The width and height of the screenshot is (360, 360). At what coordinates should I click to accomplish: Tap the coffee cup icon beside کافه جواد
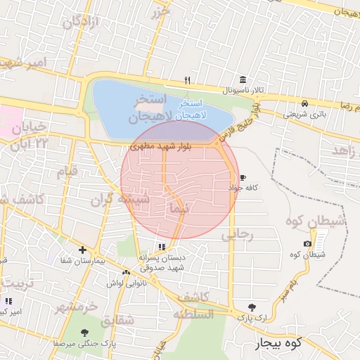coord(243,177)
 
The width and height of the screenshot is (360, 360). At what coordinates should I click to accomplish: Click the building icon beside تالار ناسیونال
coord(243,79)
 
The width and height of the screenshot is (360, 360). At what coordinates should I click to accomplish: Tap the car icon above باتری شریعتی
coord(304,102)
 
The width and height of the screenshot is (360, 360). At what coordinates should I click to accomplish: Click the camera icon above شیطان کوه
coord(307,243)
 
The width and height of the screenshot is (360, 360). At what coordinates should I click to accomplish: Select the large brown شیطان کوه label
coord(316,221)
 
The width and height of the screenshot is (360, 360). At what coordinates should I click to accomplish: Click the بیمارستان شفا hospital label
coord(83,260)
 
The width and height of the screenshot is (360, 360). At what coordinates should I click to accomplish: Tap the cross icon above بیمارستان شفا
coord(83,250)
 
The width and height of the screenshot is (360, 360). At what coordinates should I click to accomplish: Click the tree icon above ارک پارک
coord(252,307)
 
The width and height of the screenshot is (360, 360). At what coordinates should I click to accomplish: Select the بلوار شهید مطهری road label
coord(157,147)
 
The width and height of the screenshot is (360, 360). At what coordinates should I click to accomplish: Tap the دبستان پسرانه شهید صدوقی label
coord(162,262)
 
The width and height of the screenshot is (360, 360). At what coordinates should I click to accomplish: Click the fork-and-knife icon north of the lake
coord(186,79)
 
